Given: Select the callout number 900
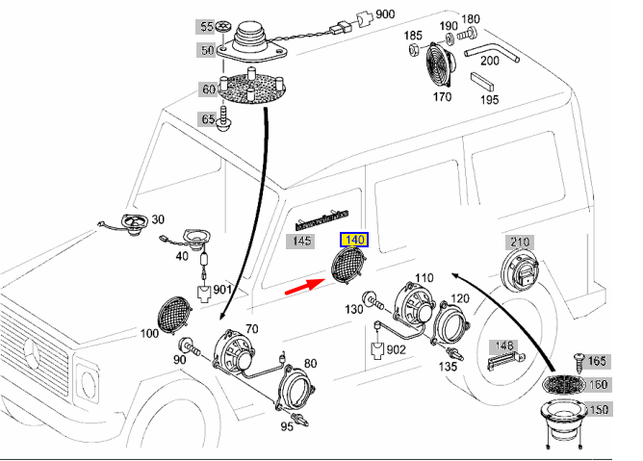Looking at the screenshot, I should click(x=385, y=14).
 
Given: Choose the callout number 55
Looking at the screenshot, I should click(x=207, y=26).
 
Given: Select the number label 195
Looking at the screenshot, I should click(x=489, y=99).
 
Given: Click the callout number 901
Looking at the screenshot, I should click(x=223, y=289).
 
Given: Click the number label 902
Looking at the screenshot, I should click(x=397, y=350).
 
